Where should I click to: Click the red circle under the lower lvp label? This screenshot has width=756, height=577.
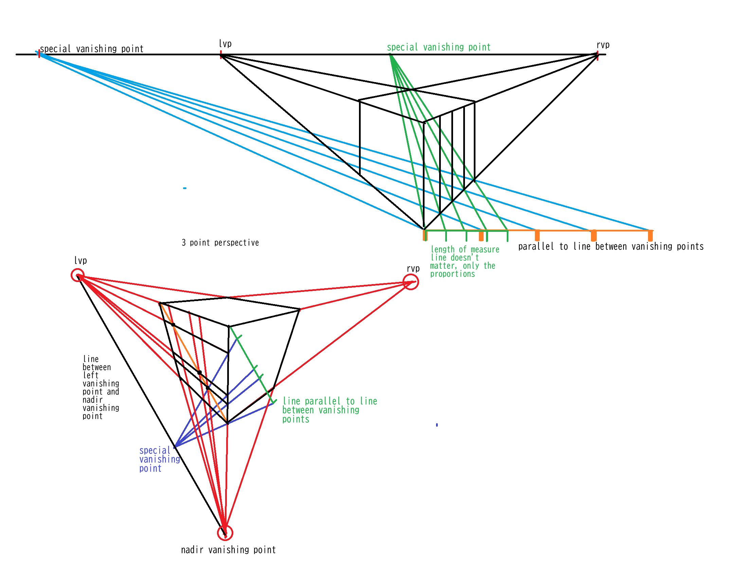pyautogui.click(x=78, y=275)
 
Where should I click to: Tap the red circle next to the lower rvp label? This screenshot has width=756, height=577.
pyautogui.click(x=411, y=282)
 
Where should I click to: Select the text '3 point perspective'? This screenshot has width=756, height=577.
pyautogui.click(x=220, y=243)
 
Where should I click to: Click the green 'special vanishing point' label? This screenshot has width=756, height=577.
pyautogui.click(x=438, y=48)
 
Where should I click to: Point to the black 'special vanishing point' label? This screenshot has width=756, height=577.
pyautogui.click(x=91, y=49)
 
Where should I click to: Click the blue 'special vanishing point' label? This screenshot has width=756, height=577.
pyautogui.click(x=159, y=459)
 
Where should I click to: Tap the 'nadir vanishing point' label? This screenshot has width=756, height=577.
pyautogui.click(x=228, y=550)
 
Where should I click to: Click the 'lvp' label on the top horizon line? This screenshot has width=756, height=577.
pyautogui.click(x=225, y=44)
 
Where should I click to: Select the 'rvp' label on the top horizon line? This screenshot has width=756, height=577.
pyautogui.click(x=603, y=45)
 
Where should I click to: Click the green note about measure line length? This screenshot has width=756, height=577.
pyautogui.click(x=464, y=261)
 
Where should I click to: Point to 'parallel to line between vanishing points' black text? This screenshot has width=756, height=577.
pyautogui.click(x=611, y=246)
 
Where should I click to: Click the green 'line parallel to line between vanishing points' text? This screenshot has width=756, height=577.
pyautogui.click(x=329, y=410)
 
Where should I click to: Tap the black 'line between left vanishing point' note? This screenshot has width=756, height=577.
pyautogui.click(x=101, y=387)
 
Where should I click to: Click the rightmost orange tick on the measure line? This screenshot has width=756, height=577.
pyautogui.click(x=650, y=236)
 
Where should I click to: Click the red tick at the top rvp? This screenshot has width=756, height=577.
pyautogui.click(x=598, y=55)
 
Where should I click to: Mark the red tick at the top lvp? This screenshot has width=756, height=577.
pyautogui.click(x=221, y=54)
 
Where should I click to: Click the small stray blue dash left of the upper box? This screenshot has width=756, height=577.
pyautogui.click(x=185, y=188)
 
